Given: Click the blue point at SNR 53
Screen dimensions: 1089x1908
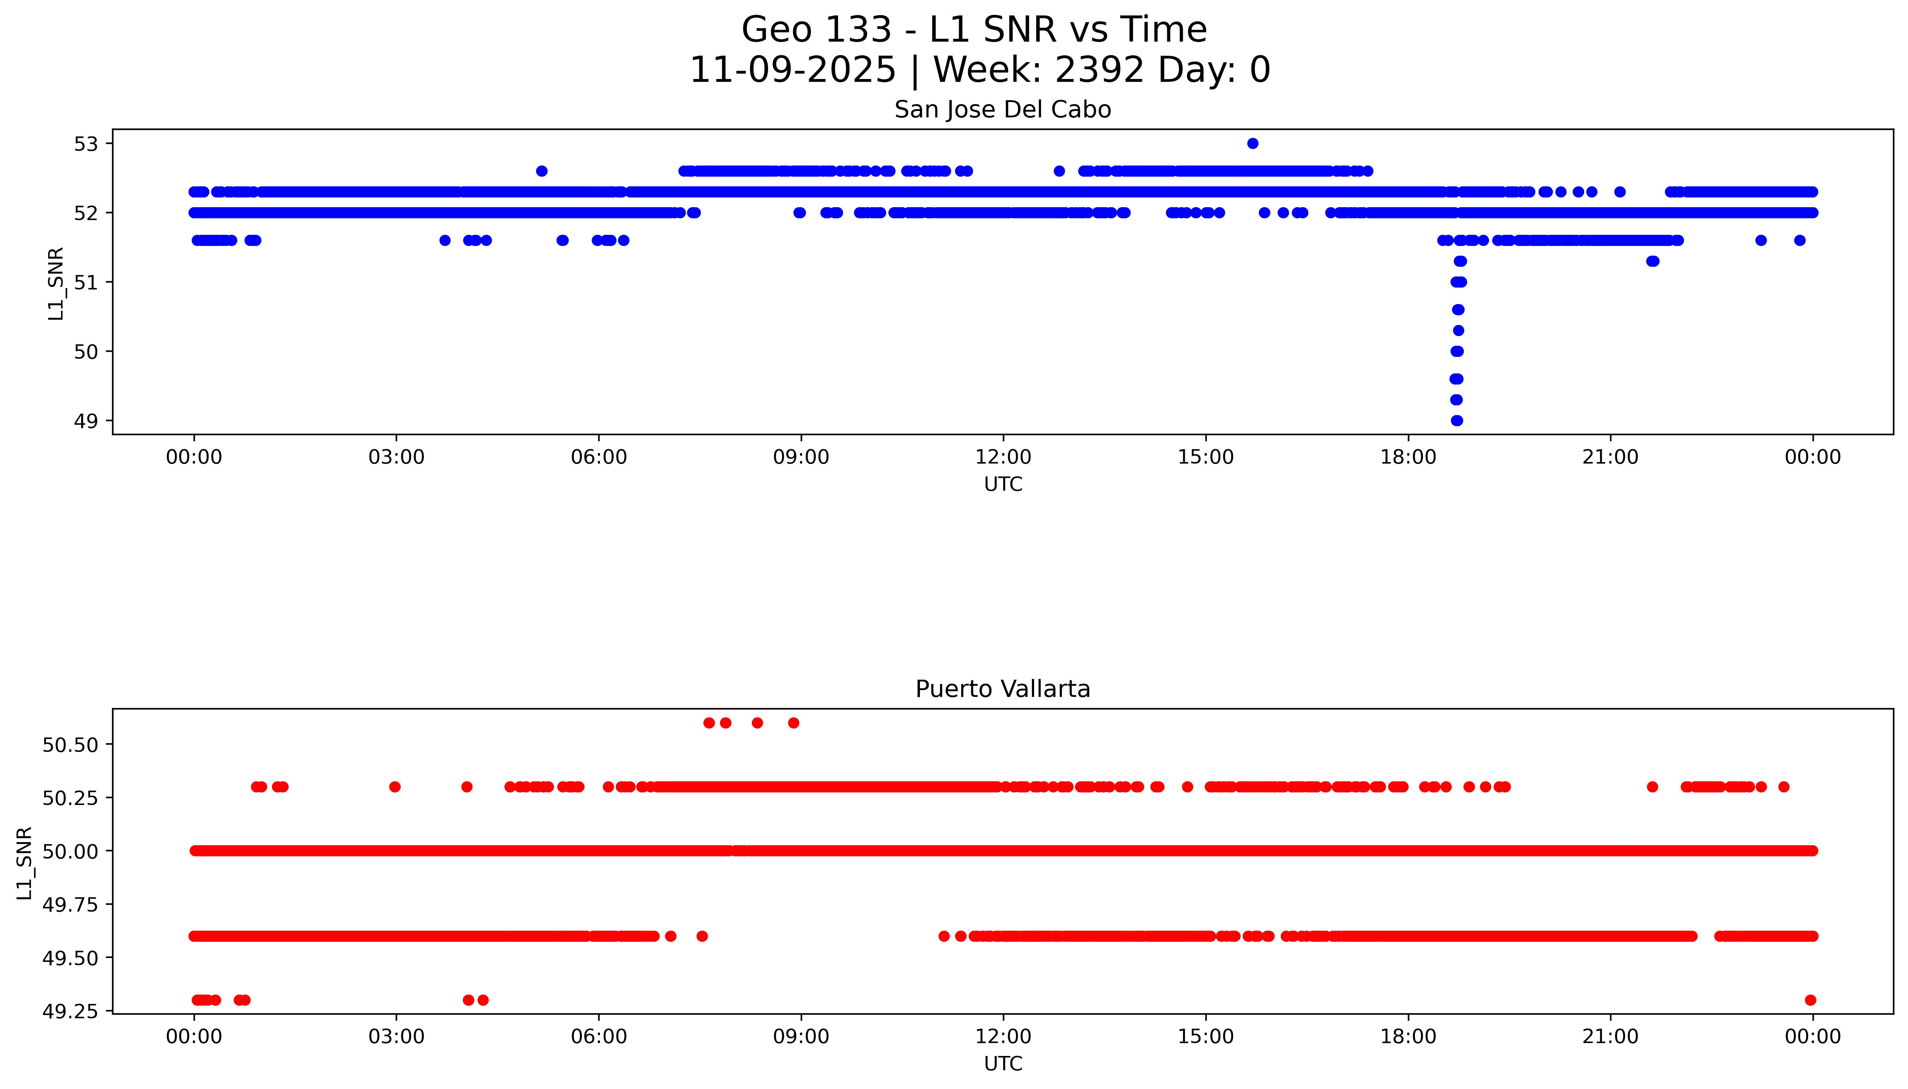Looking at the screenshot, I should coord(1252,144).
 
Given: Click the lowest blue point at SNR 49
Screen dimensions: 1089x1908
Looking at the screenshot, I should coord(1456,420).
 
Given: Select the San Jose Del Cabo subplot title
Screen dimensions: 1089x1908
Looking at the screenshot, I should coord(1002,110).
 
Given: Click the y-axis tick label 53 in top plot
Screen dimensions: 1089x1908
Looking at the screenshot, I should coord(86,144).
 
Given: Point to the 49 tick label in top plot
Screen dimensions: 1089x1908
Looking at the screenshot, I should coord(86,421).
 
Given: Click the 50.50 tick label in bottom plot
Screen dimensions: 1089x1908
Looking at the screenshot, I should coord(70,745).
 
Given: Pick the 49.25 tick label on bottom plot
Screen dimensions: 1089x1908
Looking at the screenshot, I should coord(70,1011).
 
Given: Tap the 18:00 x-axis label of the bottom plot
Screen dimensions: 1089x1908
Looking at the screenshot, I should coord(1407,1037).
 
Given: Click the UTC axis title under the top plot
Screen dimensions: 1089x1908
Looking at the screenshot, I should coord(1002,485).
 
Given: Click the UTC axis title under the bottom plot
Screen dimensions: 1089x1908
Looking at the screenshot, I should coord(1002,1064).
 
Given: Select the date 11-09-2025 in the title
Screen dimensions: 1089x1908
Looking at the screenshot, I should coord(792,70).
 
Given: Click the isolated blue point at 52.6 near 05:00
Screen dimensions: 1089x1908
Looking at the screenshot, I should coord(541,171).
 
